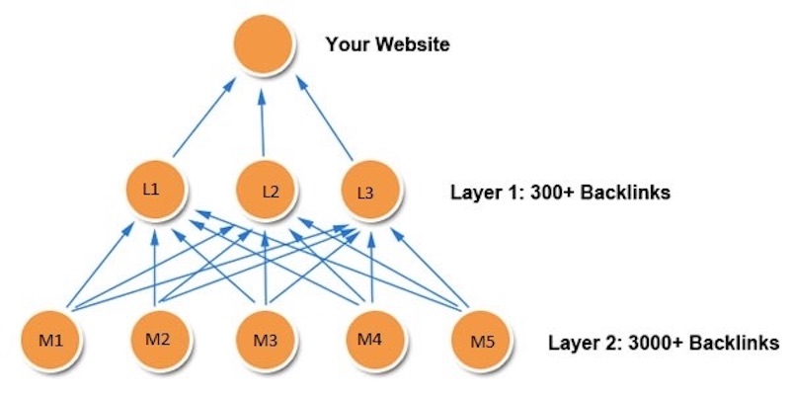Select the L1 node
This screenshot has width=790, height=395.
click(x=156, y=190)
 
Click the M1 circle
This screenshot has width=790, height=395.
click(x=51, y=342)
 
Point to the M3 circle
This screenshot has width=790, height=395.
click(x=265, y=342)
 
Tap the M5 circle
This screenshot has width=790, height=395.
click(x=478, y=342)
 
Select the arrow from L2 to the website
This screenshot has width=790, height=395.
click(x=264, y=120)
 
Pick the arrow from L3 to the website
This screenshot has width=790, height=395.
click(x=326, y=118)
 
